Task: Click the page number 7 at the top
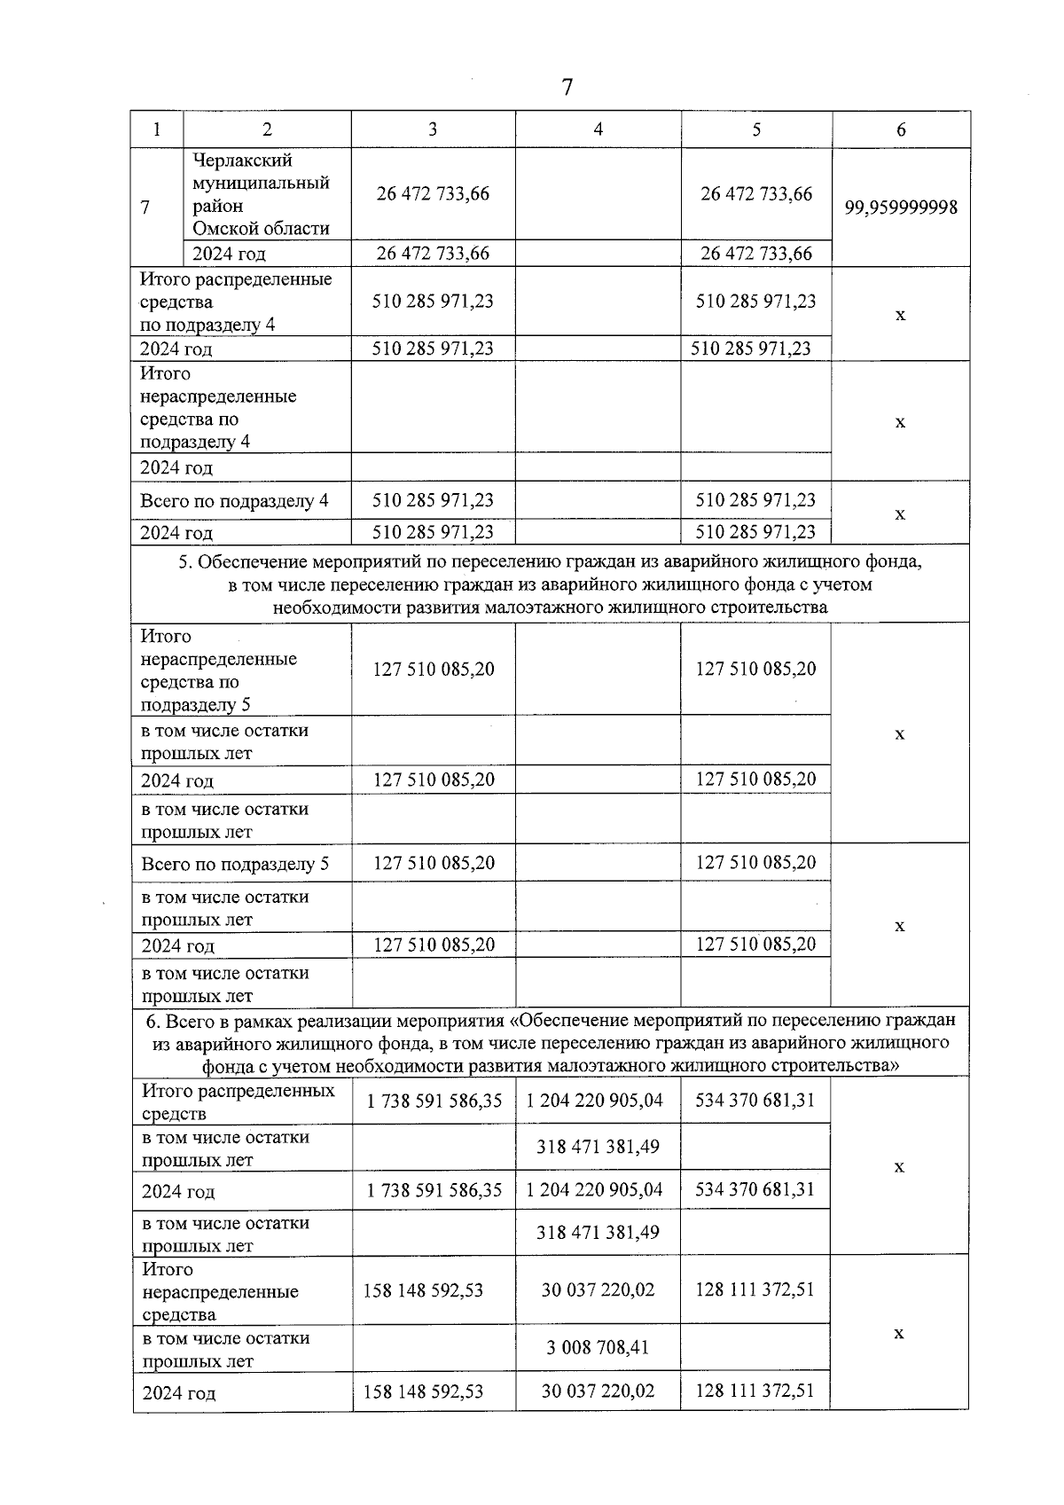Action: coord(567,87)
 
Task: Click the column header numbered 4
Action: coord(598,129)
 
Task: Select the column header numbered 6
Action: coord(901,129)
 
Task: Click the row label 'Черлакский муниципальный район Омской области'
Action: coord(261,194)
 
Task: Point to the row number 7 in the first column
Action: coord(145,208)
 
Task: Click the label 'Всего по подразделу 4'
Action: coord(234,501)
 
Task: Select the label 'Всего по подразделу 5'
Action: coord(235,864)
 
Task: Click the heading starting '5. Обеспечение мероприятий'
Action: coord(550,584)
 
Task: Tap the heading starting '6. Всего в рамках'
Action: coord(550,1043)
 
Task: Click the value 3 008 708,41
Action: coord(598,1348)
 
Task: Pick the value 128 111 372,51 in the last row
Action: coord(755,1391)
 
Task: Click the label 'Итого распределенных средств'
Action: coord(239,1101)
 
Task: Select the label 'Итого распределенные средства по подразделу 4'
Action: coord(236,302)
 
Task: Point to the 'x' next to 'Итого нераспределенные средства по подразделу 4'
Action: coord(900,422)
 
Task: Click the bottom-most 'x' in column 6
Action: coord(898,1334)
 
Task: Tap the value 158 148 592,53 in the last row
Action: coord(423,1391)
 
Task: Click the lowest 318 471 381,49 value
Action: coord(598,1233)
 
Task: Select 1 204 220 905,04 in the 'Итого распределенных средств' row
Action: coord(594,1101)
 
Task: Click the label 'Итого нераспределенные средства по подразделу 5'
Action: coord(218,670)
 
